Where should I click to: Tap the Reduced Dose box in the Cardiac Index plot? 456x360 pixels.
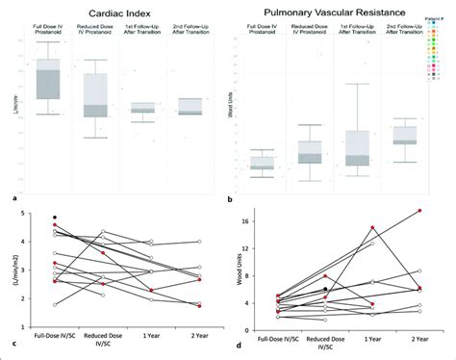[95, 96]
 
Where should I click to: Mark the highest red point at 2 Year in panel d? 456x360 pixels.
[418, 211]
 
